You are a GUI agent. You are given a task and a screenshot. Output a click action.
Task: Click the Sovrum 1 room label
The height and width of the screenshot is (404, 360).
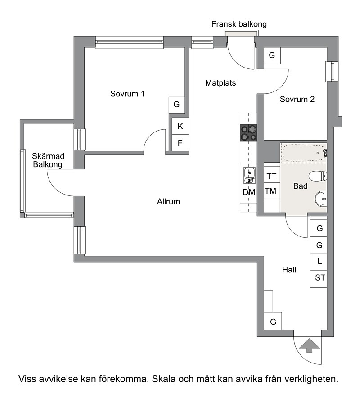tap(127, 94)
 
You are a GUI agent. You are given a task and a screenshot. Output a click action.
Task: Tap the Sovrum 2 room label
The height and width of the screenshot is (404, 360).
tap(297, 99)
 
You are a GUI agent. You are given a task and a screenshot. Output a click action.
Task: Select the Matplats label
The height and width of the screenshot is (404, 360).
tap(220, 83)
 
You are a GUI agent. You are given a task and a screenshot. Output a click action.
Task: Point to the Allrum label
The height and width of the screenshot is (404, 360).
tap(168, 201)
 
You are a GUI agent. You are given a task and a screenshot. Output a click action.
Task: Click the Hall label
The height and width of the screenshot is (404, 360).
tap(289, 270)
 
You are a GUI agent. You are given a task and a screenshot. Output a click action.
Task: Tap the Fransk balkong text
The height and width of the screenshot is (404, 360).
tap(239, 24)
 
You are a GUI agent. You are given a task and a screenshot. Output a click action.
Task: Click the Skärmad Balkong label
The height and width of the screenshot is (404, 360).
tap(48, 160)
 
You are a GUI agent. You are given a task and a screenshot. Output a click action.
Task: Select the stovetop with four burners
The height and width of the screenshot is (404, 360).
tap(248, 133)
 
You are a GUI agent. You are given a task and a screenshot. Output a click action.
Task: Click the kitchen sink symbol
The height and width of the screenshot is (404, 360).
tap(249, 176)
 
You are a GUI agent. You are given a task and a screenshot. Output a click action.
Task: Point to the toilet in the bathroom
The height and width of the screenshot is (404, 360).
tap(318, 177)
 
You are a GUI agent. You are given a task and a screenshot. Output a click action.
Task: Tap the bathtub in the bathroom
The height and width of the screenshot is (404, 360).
tap(304, 153)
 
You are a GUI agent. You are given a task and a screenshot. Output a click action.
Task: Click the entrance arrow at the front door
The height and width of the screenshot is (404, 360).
tap(309, 345)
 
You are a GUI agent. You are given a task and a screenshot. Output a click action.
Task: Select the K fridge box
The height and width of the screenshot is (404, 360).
tap(180, 126)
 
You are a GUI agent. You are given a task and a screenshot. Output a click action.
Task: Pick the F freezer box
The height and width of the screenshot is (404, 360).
tap(180, 143)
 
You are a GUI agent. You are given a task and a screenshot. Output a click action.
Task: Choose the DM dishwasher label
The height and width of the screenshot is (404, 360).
tap(249, 192)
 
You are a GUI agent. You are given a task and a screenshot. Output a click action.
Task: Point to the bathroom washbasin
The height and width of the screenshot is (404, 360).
tap(321, 199)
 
